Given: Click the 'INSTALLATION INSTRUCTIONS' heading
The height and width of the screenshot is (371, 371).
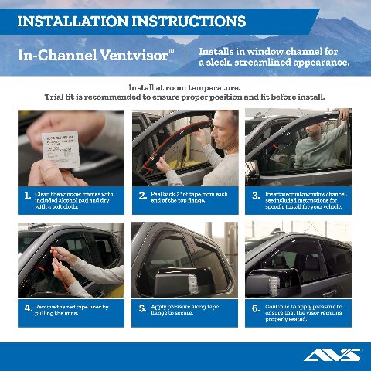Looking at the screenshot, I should click(x=131, y=21).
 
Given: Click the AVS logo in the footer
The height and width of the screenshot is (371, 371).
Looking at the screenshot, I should click(x=332, y=355).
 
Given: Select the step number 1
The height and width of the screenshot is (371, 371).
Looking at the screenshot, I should click(x=28, y=196).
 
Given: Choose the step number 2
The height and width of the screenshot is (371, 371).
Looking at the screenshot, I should click(x=143, y=196).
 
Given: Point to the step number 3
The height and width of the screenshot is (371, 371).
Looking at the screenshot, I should click(x=256, y=196).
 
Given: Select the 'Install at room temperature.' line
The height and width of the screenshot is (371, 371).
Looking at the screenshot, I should click(x=185, y=87).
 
